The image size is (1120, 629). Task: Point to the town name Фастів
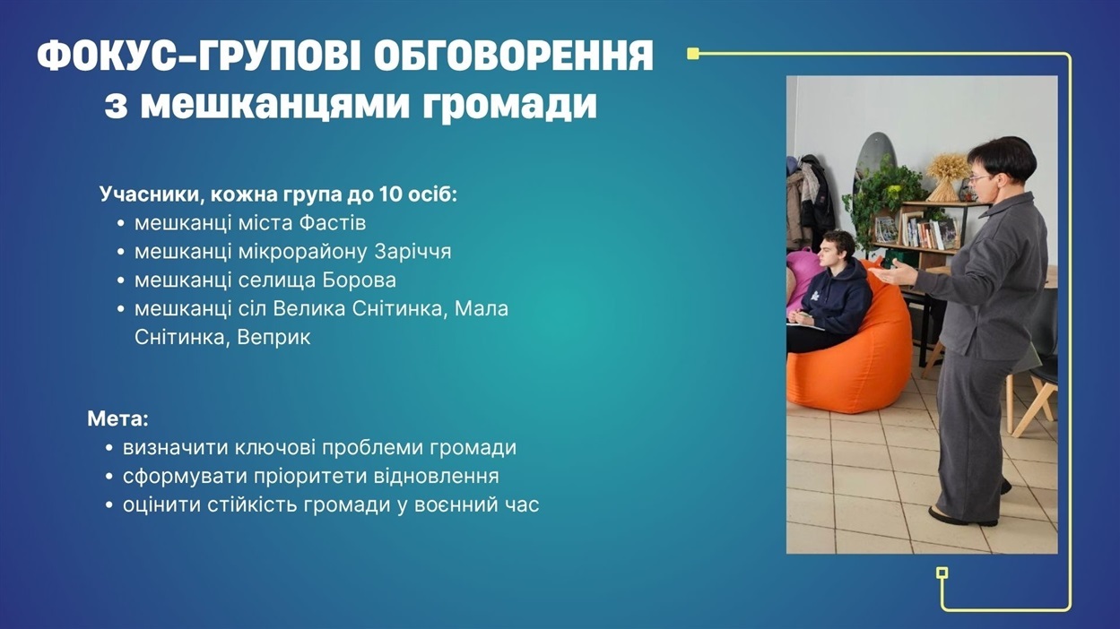pyautogui.click(x=333, y=223)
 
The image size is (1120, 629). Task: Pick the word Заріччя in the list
pyautogui.click(x=412, y=252)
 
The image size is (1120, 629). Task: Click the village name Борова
pyautogui.click(x=359, y=280)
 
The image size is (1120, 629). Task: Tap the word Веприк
pyautogui.click(x=273, y=338)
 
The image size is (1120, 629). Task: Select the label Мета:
pyautogui.click(x=118, y=418)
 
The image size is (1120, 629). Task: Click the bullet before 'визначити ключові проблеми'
pyautogui.click(x=110, y=448)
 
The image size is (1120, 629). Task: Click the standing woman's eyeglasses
pyautogui.click(x=980, y=178)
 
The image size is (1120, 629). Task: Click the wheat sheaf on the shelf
pyautogui.click(x=947, y=176)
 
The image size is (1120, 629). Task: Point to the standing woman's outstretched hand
pyautogui.click(x=892, y=274)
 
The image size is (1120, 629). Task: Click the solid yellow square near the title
pyautogui.click(x=693, y=54)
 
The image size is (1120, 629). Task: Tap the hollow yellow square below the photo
pyautogui.click(x=942, y=573)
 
